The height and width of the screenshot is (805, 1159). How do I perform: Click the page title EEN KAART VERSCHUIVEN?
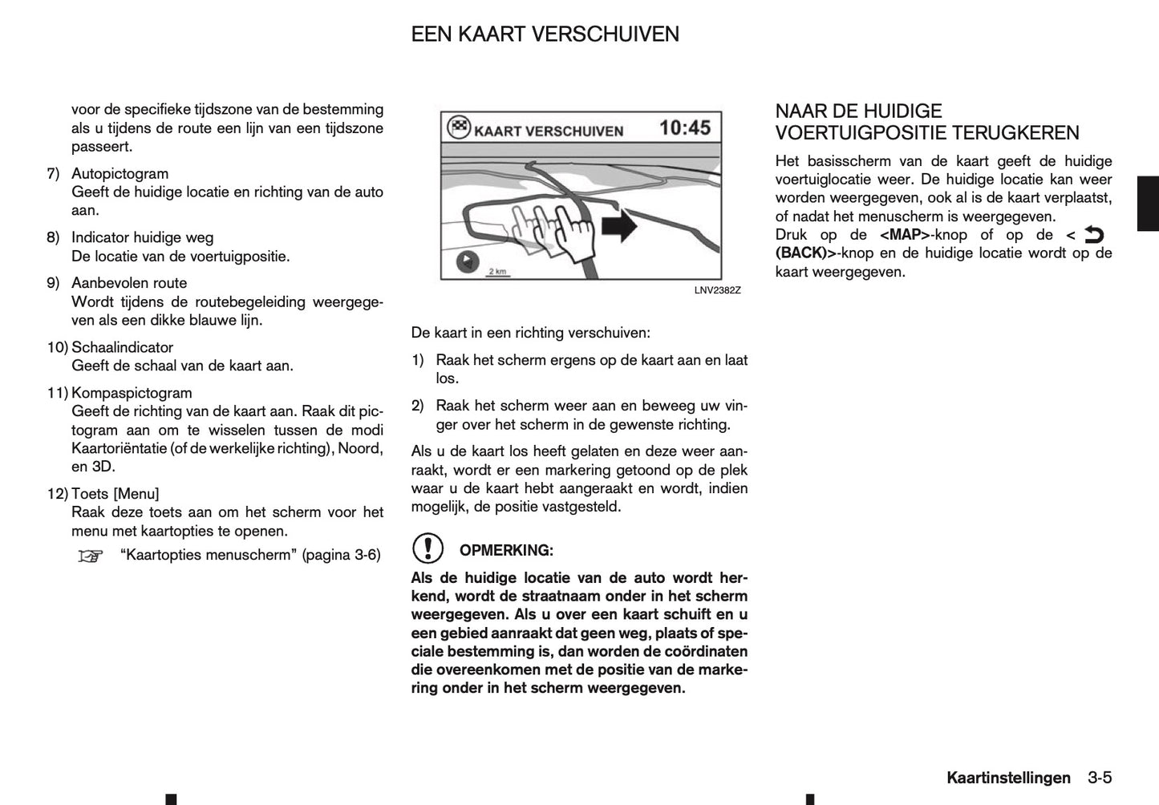pyautogui.click(x=545, y=34)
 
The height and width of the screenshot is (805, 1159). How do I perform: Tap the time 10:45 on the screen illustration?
pyautogui.click(x=684, y=127)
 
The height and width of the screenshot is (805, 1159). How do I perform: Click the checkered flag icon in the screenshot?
pyautogui.click(x=458, y=128)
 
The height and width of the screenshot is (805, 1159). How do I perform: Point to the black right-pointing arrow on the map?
pyautogui.click(x=618, y=227)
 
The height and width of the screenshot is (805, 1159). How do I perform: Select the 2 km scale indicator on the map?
pyautogui.click(x=497, y=272)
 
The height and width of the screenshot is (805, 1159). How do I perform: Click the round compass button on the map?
pyautogui.click(x=467, y=262)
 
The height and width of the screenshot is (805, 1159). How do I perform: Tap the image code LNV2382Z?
pyautogui.click(x=717, y=290)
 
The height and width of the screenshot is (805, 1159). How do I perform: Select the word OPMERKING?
pyautogui.click(x=506, y=551)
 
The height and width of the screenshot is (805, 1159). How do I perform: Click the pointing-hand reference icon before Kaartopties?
pyautogui.click(x=91, y=556)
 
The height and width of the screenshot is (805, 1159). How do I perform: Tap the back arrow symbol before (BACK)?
pyautogui.click(x=1093, y=235)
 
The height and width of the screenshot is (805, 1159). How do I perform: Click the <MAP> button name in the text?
pyautogui.click(x=904, y=235)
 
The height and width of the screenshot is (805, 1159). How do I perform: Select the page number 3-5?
pyautogui.click(x=1100, y=778)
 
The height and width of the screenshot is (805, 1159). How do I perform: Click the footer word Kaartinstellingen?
pyautogui.click(x=1007, y=778)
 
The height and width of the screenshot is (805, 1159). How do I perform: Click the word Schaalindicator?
pyautogui.click(x=122, y=347)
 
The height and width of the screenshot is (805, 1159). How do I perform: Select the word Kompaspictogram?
pyautogui.click(x=132, y=393)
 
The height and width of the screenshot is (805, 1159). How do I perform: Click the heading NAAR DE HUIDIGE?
pyautogui.click(x=858, y=111)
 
